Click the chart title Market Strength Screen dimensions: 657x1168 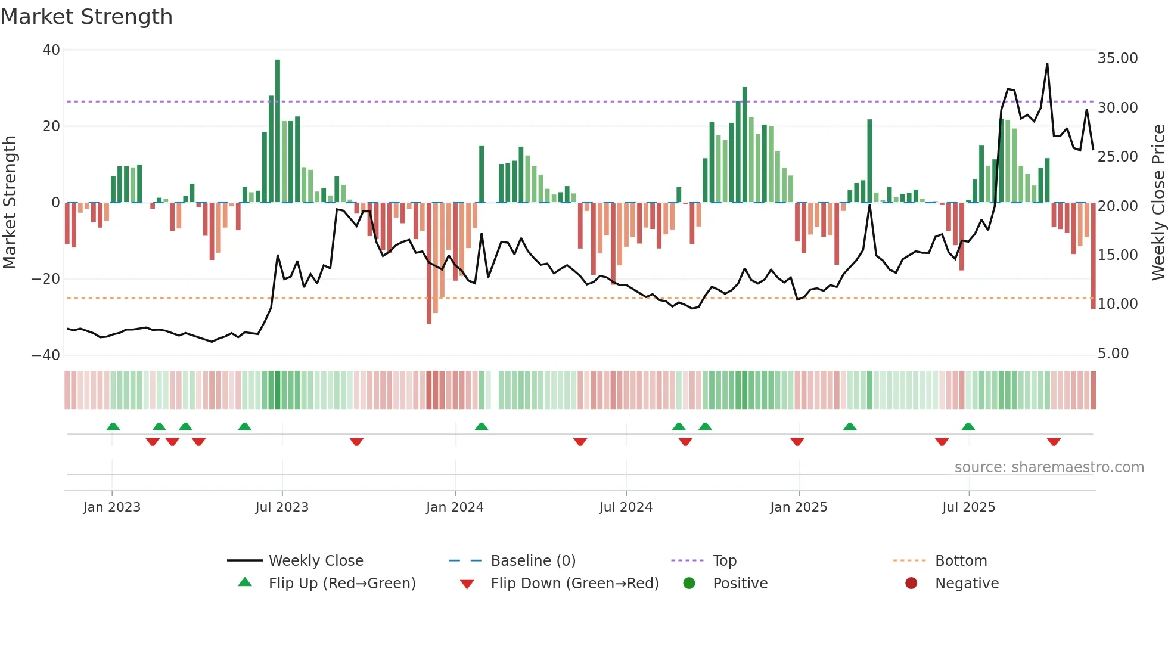(x=86, y=17)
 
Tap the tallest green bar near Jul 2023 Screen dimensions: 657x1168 (x=278, y=131)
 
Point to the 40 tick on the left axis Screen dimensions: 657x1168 (x=51, y=50)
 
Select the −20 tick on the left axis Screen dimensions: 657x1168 (x=46, y=279)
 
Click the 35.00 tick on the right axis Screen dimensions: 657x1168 (x=1117, y=58)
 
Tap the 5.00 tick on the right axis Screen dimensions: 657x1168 (x=1113, y=354)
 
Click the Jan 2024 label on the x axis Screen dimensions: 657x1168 (x=455, y=507)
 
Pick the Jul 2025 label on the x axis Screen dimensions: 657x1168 (x=968, y=507)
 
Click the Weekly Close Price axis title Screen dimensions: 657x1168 (x=1158, y=203)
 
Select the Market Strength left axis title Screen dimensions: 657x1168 (x=10, y=203)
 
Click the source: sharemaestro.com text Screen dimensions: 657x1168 (x=1049, y=467)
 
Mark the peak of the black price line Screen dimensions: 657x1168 (x=1047, y=64)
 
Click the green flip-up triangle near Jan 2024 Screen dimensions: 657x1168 (x=482, y=426)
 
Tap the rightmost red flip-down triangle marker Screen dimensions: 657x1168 (x=1054, y=442)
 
